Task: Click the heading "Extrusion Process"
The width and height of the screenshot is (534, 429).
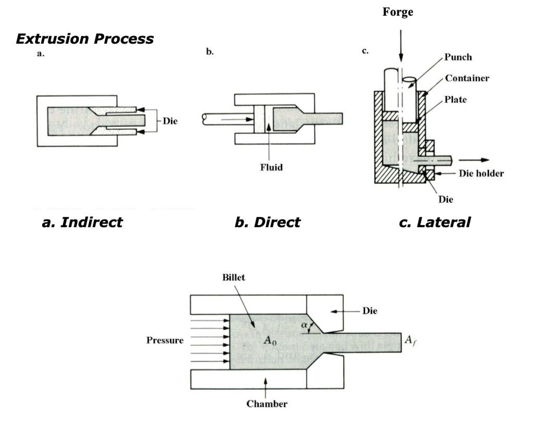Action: [84, 39]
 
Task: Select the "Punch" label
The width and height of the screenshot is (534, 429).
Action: [458, 57]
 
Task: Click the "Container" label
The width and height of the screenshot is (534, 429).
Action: [467, 78]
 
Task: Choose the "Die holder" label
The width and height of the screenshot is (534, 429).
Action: [481, 174]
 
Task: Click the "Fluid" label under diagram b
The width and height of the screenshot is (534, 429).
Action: [271, 168]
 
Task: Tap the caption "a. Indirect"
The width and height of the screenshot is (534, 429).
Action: [82, 223]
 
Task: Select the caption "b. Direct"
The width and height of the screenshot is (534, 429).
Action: [267, 223]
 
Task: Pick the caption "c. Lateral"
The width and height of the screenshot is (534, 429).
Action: [434, 223]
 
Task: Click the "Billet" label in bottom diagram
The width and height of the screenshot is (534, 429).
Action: [233, 278]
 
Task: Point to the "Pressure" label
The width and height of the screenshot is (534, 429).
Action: [165, 340]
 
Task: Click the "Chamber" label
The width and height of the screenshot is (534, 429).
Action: [266, 404]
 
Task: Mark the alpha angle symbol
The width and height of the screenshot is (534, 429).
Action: [304, 326]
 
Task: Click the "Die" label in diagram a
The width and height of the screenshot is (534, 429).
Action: [170, 121]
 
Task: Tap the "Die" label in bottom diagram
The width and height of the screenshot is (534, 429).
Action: [370, 311]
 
